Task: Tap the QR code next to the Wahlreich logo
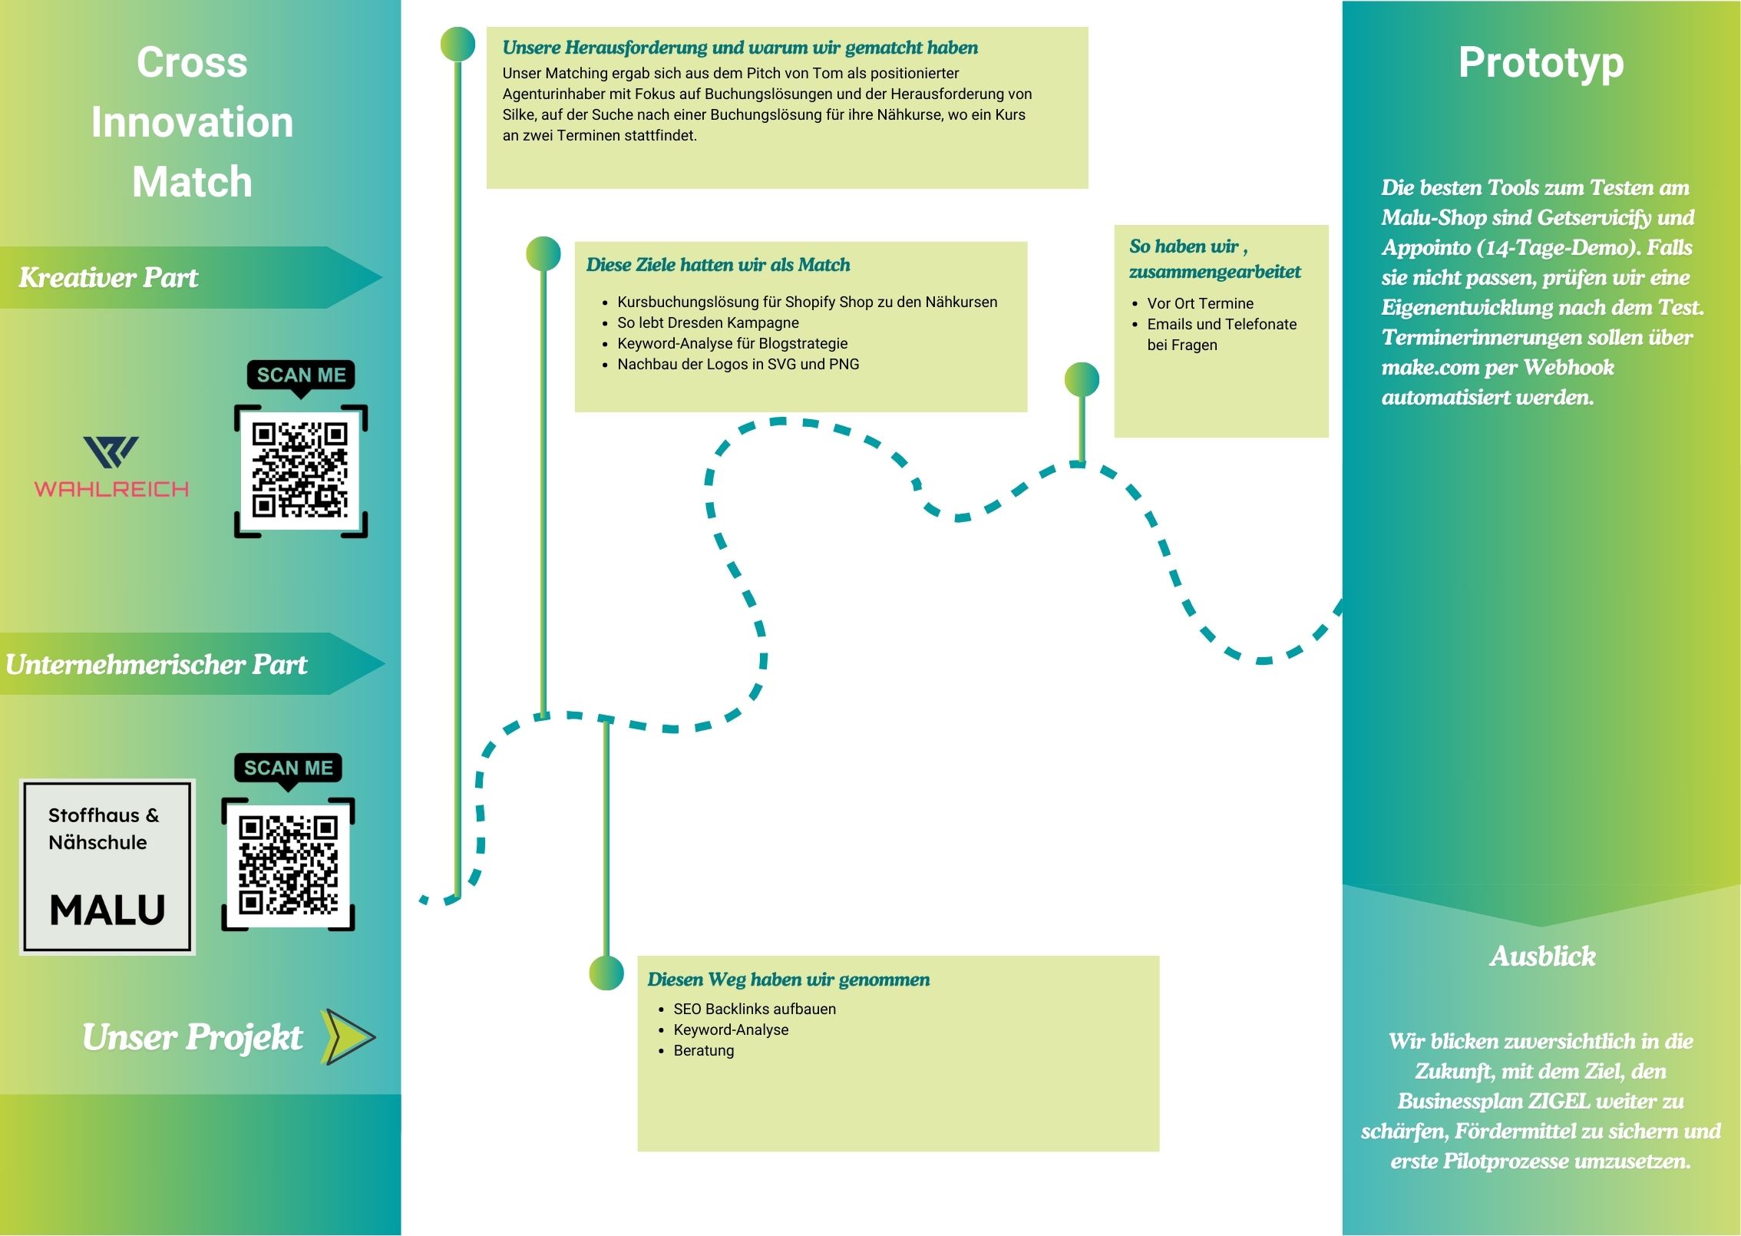click(x=300, y=470)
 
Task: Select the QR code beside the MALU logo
click(x=288, y=864)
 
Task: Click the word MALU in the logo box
click(x=107, y=910)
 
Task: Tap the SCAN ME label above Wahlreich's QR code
click(x=301, y=375)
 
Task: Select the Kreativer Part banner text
click(x=108, y=277)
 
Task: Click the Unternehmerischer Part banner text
click(x=157, y=664)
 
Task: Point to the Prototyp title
click(x=1541, y=63)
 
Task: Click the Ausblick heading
click(x=1542, y=956)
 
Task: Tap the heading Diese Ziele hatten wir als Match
click(x=718, y=265)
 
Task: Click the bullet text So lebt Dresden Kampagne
click(x=708, y=322)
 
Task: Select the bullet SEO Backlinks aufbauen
click(x=755, y=1009)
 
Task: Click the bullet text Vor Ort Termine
click(x=1200, y=303)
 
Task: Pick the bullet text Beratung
click(x=703, y=1050)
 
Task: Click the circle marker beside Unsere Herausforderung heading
click(x=458, y=45)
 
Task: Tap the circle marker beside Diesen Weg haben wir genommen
click(x=606, y=973)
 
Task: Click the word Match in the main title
click(x=192, y=182)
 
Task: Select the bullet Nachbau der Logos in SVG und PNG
click(x=738, y=364)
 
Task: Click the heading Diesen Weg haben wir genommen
click(x=788, y=980)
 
